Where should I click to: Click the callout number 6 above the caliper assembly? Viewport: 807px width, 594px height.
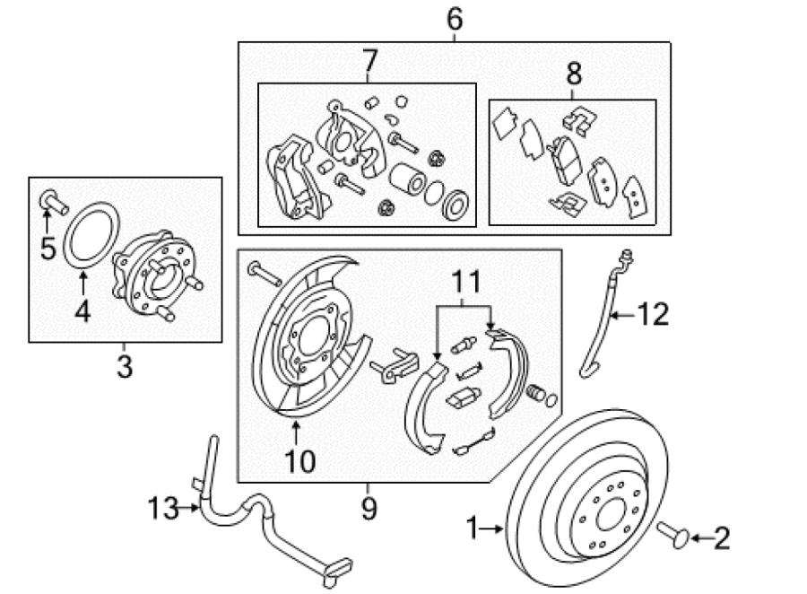(455, 19)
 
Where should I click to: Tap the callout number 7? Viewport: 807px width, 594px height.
(369, 61)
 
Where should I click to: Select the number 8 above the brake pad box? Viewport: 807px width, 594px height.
(574, 74)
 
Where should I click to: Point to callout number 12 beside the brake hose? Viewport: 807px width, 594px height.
(653, 314)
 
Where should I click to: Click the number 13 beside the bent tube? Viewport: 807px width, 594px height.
(163, 508)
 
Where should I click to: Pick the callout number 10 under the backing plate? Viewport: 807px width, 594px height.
(300, 461)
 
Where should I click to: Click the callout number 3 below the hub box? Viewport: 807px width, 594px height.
(125, 367)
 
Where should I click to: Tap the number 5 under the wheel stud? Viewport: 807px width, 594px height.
(48, 249)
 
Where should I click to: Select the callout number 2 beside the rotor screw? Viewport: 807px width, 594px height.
(722, 538)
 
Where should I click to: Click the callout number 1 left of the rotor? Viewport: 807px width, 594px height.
(473, 528)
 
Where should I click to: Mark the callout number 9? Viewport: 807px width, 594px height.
(369, 509)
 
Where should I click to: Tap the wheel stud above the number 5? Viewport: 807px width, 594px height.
(53, 202)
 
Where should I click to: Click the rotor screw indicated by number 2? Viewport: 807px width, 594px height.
(673, 536)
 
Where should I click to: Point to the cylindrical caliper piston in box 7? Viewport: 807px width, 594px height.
(407, 179)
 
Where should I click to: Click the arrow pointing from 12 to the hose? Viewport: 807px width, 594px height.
(623, 314)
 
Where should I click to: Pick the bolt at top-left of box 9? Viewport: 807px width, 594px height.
(265, 274)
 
